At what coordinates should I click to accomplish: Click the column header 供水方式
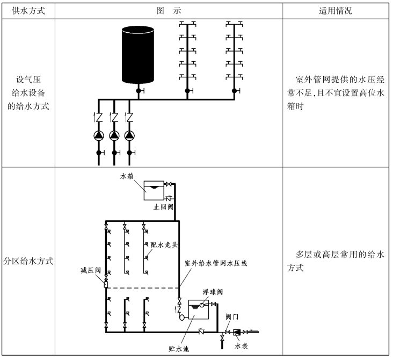coord(28,11)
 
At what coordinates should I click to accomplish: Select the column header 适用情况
coord(336,11)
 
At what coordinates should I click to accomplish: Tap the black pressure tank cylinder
coord(138,55)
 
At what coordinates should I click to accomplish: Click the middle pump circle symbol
coord(114,135)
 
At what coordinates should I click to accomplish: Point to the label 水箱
coord(127,176)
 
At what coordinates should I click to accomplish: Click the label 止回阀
coord(163,207)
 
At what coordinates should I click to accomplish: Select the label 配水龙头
coord(164,244)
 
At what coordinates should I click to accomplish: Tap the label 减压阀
coord(91,270)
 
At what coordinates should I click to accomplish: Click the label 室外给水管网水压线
coord(216,263)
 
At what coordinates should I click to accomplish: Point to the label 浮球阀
coord(213,292)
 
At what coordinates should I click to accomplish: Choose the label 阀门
coord(232,316)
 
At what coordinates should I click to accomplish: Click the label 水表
coord(241,346)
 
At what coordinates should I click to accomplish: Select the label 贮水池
coord(179,349)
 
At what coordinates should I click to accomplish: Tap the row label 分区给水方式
coord(28,261)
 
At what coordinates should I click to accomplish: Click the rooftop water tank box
coord(154,190)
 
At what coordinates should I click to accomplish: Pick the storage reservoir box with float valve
coord(198,309)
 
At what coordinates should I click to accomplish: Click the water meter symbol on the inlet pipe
coord(237,332)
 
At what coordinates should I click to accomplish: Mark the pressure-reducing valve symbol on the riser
coord(106,284)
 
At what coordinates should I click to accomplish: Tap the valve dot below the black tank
coord(139,91)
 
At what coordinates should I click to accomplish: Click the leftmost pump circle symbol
coord(99,135)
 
